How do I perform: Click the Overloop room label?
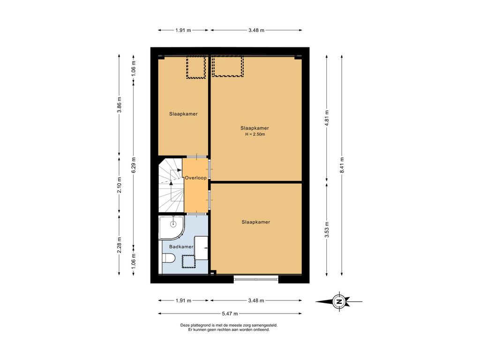[x=195, y=178]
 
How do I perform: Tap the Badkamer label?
[x=181, y=247]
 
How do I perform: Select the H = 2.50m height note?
[x=255, y=134]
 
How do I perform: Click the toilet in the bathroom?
[x=168, y=258]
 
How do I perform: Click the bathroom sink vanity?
[x=202, y=248]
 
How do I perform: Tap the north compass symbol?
[x=339, y=301]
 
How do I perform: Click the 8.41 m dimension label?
[x=342, y=165]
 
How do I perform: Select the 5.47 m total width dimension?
[x=230, y=314]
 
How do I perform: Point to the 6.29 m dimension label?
[x=134, y=165]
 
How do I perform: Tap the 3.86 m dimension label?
[x=120, y=105]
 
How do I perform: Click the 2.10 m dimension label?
[x=120, y=185]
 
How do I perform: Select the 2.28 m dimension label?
[x=120, y=245]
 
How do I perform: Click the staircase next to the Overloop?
[x=171, y=185]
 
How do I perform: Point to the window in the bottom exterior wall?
[x=256, y=278]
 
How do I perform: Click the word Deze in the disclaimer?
[x=185, y=325]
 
